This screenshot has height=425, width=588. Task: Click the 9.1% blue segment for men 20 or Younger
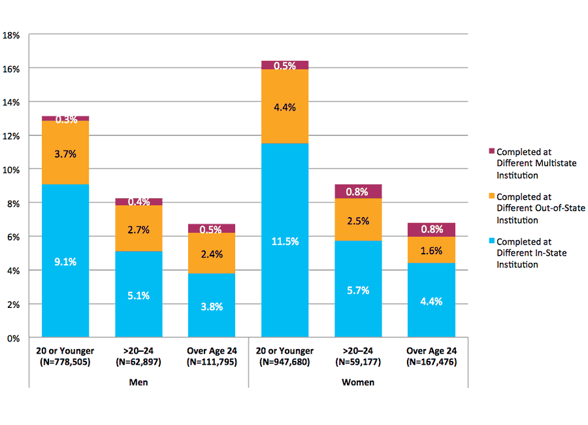coord(65,261)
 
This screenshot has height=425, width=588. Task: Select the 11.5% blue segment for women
coord(284,241)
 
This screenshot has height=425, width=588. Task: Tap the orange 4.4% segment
coord(284,106)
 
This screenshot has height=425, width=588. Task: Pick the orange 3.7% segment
coord(65,153)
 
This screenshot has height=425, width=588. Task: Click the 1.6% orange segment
coord(431,250)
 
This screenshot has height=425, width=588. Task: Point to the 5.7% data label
coord(358,290)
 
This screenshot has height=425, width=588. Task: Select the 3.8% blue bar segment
coord(212,306)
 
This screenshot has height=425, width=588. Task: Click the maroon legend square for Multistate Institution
coord(491,152)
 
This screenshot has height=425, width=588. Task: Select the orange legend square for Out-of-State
coord(491,196)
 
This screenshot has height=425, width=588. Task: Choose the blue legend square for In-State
coord(491,241)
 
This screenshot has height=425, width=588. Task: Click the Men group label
coord(138,382)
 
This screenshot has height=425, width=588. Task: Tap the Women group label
coord(358,382)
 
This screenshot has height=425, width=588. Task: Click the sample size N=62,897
coord(138,362)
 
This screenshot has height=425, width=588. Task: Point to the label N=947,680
coord(284,362)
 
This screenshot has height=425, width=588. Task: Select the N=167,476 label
coord(431,362)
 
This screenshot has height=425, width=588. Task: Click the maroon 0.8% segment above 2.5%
coord(358,192)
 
